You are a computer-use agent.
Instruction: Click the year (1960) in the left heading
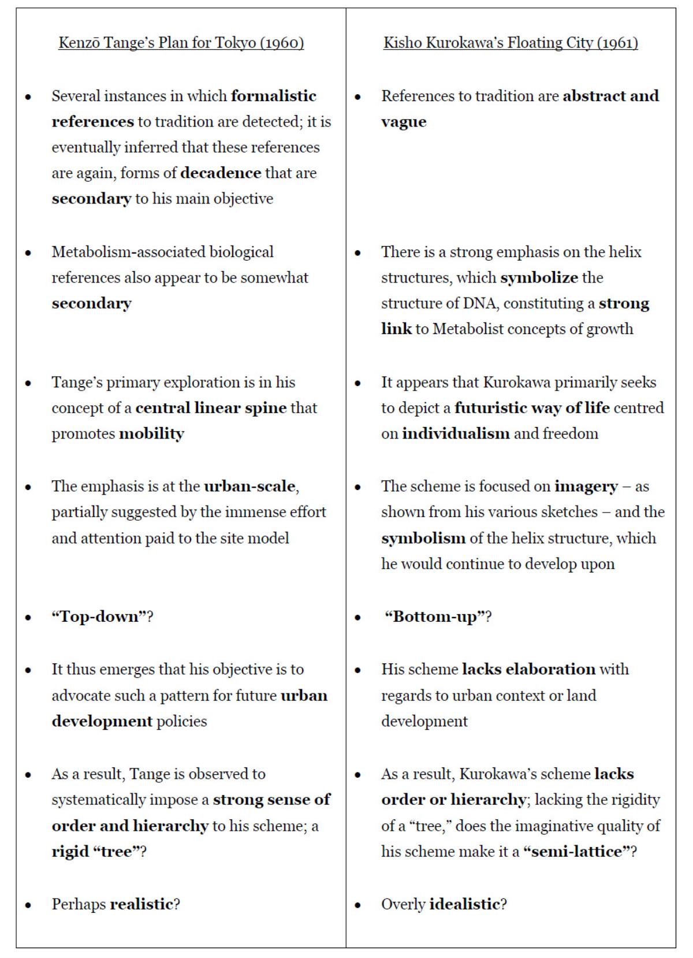point(282,43)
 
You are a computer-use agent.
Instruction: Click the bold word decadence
point(221,173)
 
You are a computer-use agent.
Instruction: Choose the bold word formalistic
point(274,95)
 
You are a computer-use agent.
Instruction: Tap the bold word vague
point(404,121)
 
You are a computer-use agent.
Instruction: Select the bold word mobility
point(151,433)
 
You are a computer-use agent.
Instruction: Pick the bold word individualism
point(456,433)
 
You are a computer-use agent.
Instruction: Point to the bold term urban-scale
point(249,486)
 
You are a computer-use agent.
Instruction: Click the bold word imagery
point(586,486)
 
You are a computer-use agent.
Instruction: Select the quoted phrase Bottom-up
point(435,617)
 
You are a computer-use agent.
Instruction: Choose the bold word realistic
point(141,904)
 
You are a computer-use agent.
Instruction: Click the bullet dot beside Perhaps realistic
point(28,905)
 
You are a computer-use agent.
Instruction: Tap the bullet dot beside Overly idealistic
point(358,905)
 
